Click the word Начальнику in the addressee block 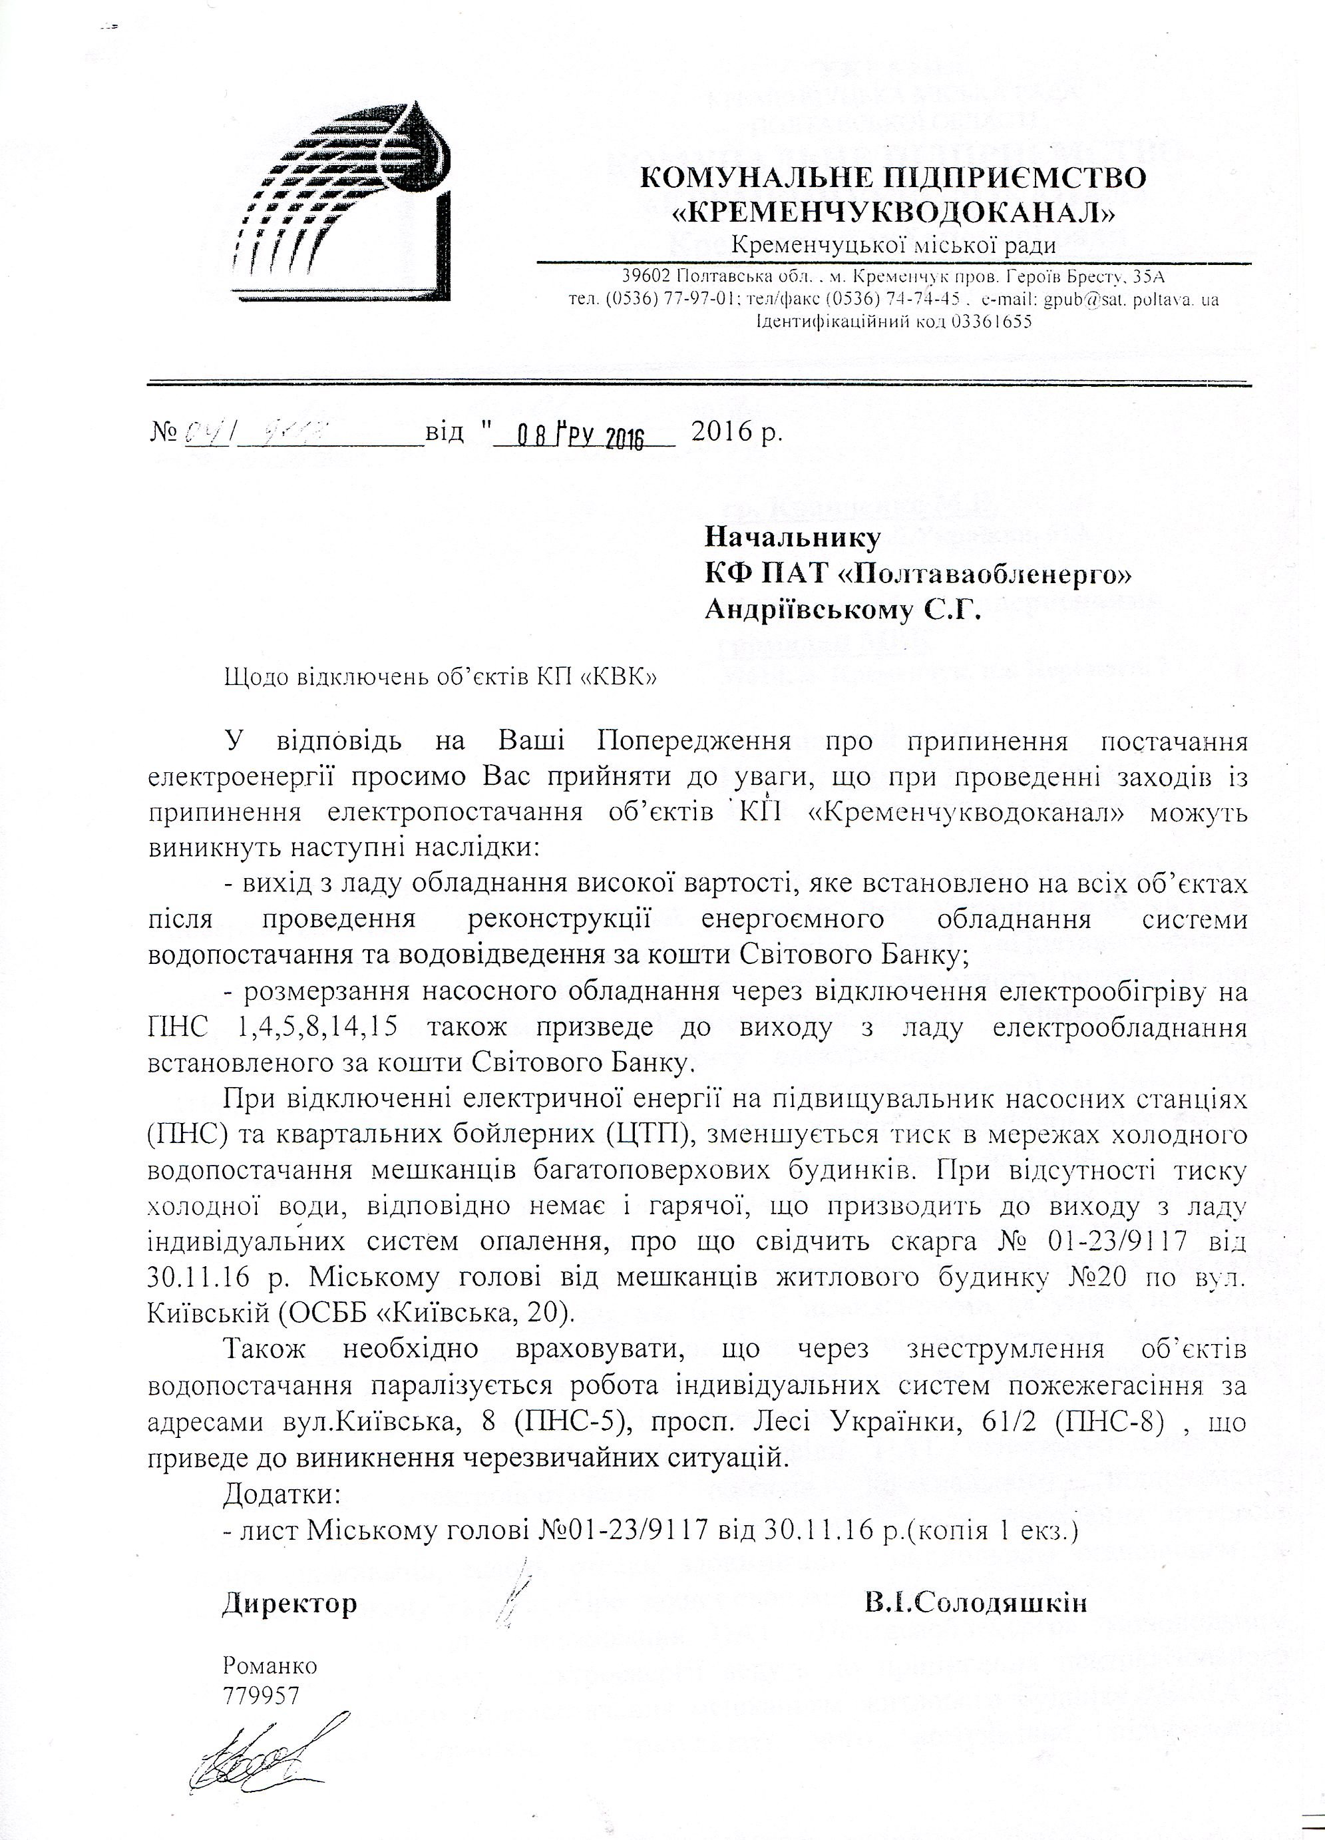792,537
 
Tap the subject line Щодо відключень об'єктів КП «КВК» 441,678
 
